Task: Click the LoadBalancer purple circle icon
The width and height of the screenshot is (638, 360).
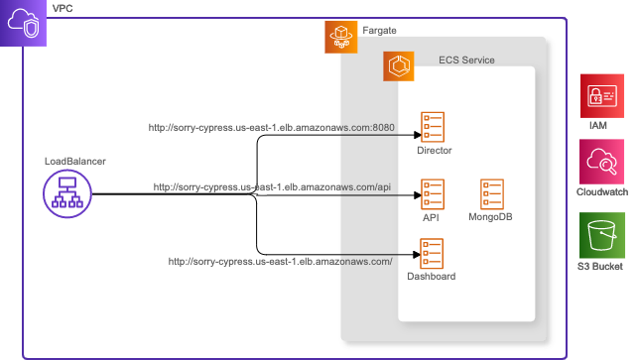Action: [x=68, y=193]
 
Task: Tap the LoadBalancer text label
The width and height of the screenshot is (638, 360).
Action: [x=75, y=161]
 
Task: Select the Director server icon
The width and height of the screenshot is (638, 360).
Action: [x=433, y=127]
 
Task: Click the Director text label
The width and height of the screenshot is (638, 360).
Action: [x=435, y=151]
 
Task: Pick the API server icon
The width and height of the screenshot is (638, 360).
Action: [x=433, y=192]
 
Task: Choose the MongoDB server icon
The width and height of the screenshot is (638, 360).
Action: [x=491, y=192]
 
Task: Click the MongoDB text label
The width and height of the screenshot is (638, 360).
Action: [x=490, y=216]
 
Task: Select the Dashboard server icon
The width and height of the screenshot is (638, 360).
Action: [x=432, y=253]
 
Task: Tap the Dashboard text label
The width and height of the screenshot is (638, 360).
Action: [x=432, y=277]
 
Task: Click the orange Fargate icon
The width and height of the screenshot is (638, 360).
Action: [x=340, y=37]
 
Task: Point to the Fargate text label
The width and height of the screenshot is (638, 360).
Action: [x=380, y=31]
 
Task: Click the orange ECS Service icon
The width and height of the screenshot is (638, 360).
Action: [x=400, y=66]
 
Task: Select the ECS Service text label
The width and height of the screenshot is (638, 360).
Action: [x=466, y=60]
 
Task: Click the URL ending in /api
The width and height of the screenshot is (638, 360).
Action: [x=272, y=186]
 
